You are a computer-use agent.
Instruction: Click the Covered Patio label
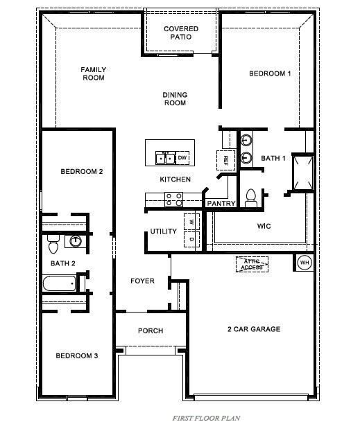point(180,33)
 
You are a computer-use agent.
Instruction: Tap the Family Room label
point(92,73)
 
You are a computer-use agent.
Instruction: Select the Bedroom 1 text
point(270,73)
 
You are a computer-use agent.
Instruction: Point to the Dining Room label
point(175,99)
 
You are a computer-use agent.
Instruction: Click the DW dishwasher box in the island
point(182,158)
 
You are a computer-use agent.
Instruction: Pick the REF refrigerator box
point(225,159)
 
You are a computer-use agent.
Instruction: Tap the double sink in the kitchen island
point(166,158)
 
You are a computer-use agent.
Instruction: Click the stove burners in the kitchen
point(173,200)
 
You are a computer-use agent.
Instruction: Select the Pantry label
point(221,204)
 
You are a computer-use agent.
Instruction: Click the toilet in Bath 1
point(251,197)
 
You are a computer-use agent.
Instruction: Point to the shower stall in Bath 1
point(302,172)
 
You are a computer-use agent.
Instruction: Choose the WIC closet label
point(263,226)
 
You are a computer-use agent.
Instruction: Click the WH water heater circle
point(305,263)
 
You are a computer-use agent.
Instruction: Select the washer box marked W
point(191,222)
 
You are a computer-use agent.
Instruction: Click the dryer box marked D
point(191,239)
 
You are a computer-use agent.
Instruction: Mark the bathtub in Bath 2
point(59,283)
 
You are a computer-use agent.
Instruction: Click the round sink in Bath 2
point(76,241)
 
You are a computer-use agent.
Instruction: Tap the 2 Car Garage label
point(253,329)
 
